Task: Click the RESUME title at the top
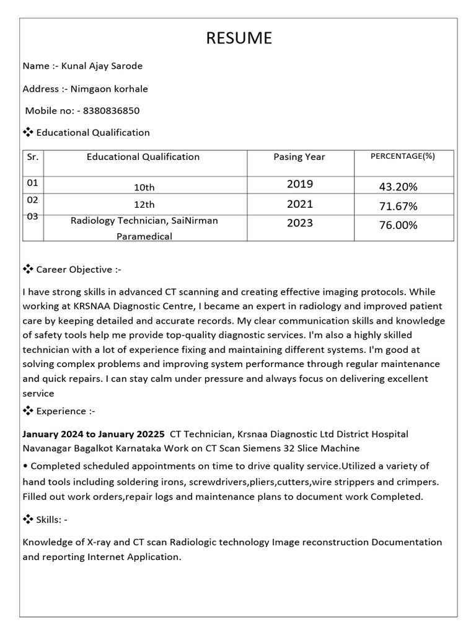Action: [239, 38]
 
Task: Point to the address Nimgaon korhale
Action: [109, 89]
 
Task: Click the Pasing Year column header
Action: [299, 157]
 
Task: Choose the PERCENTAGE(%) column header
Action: [403, 156]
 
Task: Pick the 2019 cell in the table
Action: [300, 184]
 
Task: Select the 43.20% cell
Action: [398, 187]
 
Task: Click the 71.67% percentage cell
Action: [398, 206]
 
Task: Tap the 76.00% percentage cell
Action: [398, 225]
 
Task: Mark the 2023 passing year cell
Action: [300, 223]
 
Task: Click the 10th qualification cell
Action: [144, 187]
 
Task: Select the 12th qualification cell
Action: [144, 205]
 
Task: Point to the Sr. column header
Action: [33, 157]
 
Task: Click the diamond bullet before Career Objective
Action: [28, 269]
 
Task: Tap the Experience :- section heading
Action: [66, 411]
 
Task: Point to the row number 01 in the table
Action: [32, 183]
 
